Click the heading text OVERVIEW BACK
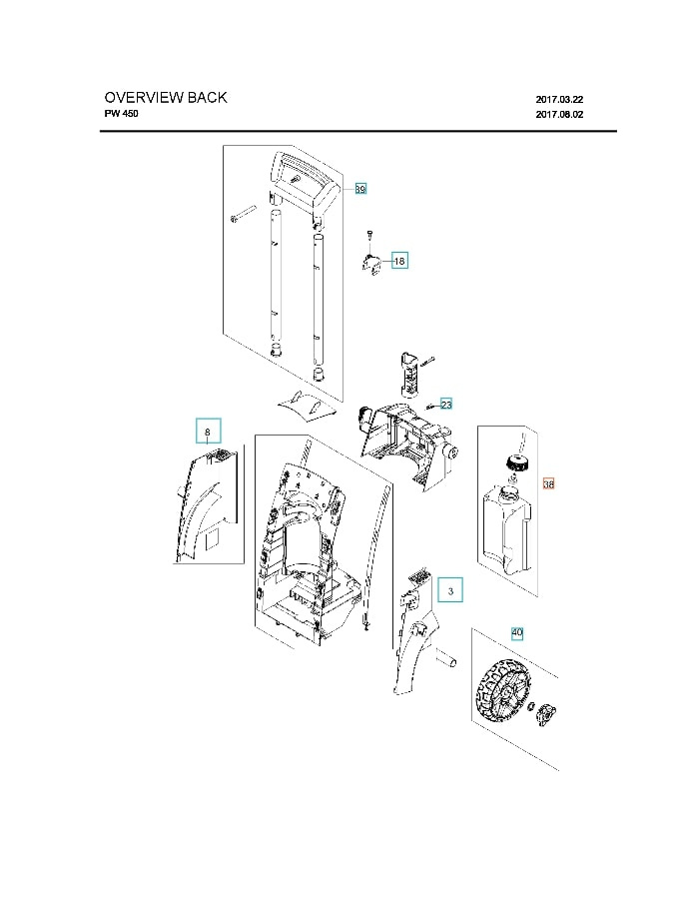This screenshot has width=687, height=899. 166,98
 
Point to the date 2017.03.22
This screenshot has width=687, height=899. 559,99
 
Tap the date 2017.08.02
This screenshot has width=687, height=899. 559,115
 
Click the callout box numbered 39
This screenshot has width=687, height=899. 360,188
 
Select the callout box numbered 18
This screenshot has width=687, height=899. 399,261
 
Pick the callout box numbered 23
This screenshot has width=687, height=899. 446,405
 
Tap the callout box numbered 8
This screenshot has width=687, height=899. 208,432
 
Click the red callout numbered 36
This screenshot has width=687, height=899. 548,484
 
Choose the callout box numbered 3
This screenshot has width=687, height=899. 450,591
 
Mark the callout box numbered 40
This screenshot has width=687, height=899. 517,633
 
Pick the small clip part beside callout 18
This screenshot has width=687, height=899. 371,266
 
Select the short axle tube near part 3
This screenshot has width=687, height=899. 446,660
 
